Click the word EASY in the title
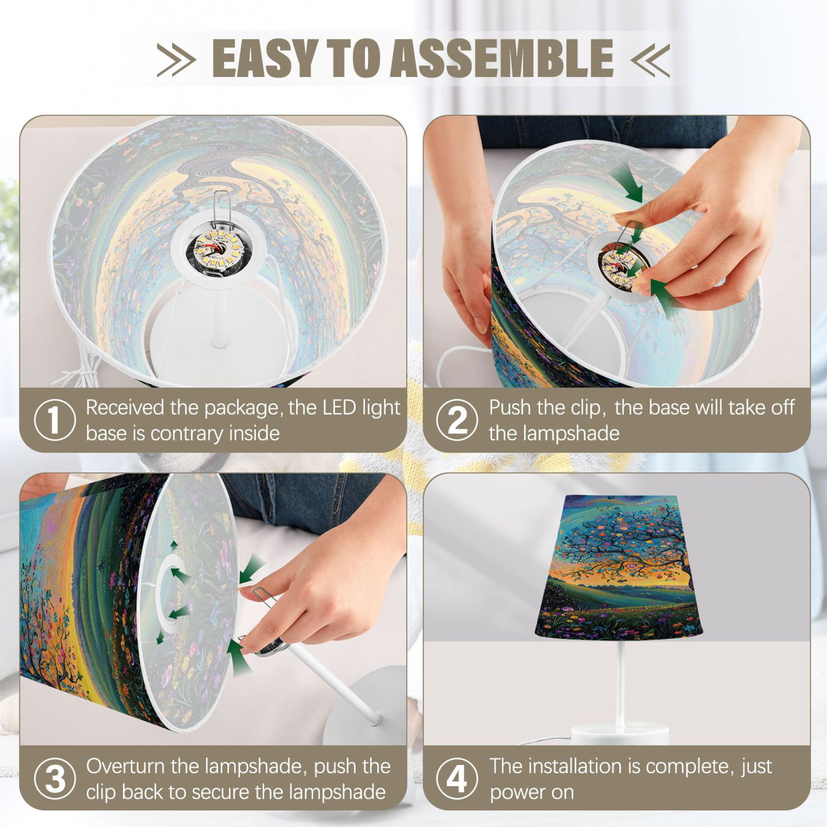(265, 58)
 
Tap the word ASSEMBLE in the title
(501, 58)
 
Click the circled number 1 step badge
(55, 420)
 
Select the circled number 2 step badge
(457, 420)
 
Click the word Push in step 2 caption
(510, 407)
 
